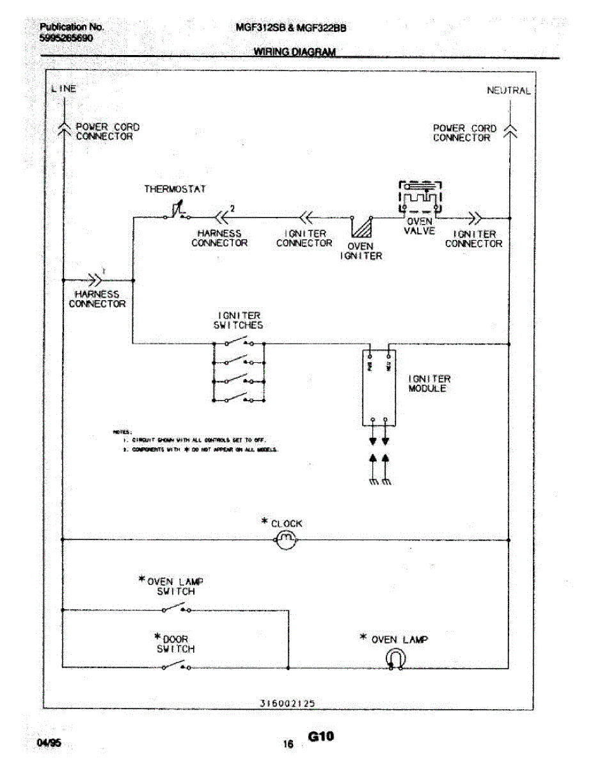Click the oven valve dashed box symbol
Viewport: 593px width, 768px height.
coord(419,197)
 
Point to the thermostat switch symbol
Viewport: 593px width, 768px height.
coord(177,211)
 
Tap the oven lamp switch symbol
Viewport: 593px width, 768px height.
coord(176,610)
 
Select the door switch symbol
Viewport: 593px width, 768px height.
coord(176,667)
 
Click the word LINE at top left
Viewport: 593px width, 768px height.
coord(63,88)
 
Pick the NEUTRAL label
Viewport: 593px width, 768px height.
coord(509,90)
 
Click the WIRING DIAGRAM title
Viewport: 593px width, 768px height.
coord(294,52)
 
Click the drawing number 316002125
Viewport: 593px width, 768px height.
coord(287,703)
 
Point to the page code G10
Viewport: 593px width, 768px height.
coord(321,737)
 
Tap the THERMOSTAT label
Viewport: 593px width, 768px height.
coord(175,189)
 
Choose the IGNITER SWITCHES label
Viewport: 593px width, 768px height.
coord(238,320)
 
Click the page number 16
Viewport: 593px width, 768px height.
coord(288,744)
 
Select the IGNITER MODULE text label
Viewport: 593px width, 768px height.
coord(429,383)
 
